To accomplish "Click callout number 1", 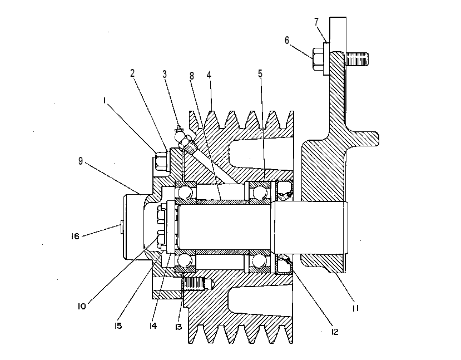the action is (105, 101).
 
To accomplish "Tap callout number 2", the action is (132, 73).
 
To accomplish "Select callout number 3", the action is (165, 74).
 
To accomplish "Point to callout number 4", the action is (209, 75).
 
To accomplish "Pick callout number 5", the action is (260, 73).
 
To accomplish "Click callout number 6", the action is (287, 40).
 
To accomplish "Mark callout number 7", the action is (316, 22).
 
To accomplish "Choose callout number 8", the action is (192, 76).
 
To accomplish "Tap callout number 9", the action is (81, 161).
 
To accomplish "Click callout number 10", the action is (82, 306).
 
